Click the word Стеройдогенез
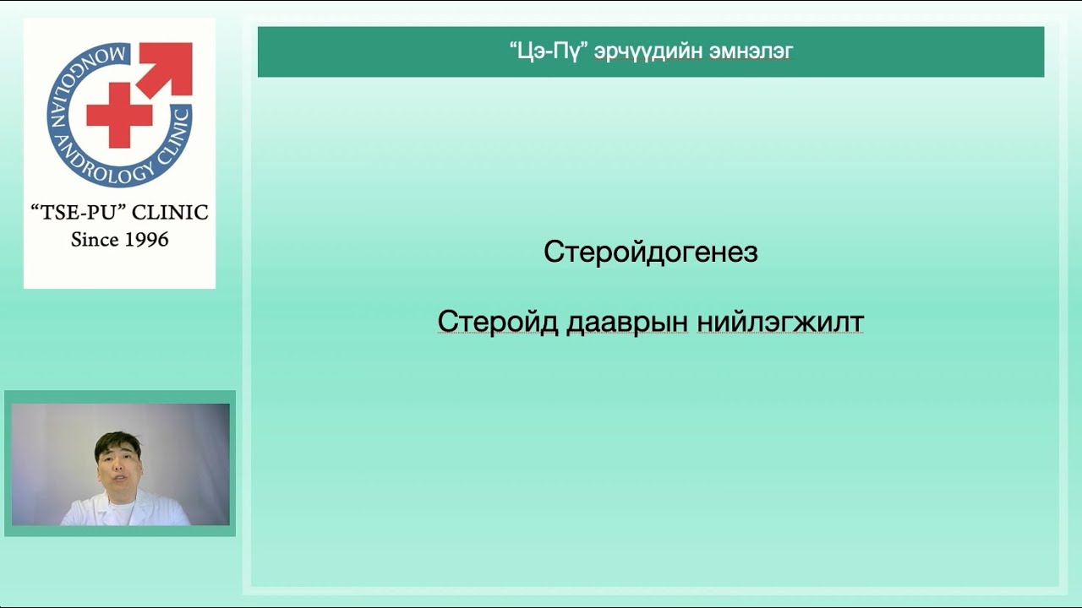point(650,252)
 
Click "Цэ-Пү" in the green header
point(549,52)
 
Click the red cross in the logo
point(120,115)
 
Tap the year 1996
point(145,240)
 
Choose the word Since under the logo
point(95,240)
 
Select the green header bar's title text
point(650,52)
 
